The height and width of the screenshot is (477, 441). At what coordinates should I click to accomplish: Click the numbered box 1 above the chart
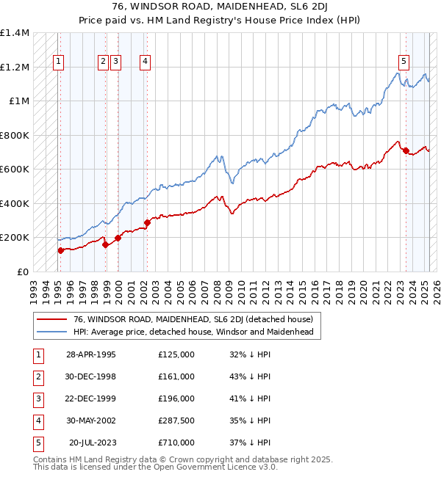[58, 62]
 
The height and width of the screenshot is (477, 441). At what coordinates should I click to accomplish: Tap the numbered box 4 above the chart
[146, 62]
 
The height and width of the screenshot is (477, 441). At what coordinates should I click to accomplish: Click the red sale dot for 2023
[405, 150]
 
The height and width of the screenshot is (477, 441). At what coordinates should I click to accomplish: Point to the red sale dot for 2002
[147, 222]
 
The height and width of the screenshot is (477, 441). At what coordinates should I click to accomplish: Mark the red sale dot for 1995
[60, 250]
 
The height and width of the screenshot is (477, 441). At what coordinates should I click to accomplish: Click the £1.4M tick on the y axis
[14, 33]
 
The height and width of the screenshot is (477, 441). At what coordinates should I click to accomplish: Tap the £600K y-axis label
[14, 169]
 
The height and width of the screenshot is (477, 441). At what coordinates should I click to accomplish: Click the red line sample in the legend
[51, 319]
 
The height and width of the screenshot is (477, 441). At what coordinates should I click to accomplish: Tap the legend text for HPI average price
[193, 332]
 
